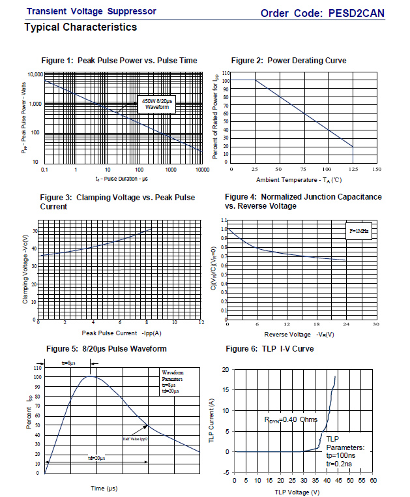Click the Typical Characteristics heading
coord(80,27)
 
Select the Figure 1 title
coord(119,61)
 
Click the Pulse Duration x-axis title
coord(122,178)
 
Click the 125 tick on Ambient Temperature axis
coord(353,169)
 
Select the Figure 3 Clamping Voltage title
coord(117,202)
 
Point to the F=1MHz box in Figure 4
coord(358,231)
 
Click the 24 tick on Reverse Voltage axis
coord(345,324)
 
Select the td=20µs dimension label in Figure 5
coord(98,458)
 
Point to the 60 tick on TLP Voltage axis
coord(373,481)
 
